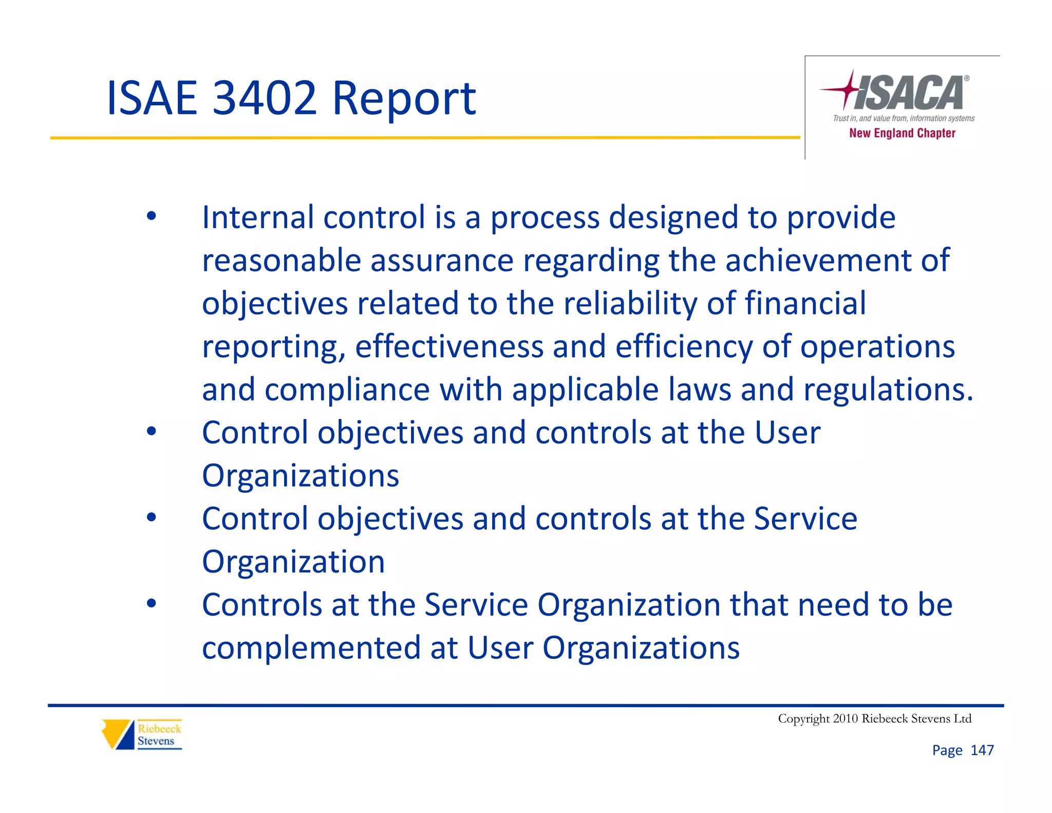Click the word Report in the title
tap(404, 99)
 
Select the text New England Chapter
tap(902, 133)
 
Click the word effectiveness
tap(449, 346)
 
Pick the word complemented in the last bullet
tap(311, 648)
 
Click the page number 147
tap(982, 750)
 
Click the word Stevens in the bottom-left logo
tap(156, 741)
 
